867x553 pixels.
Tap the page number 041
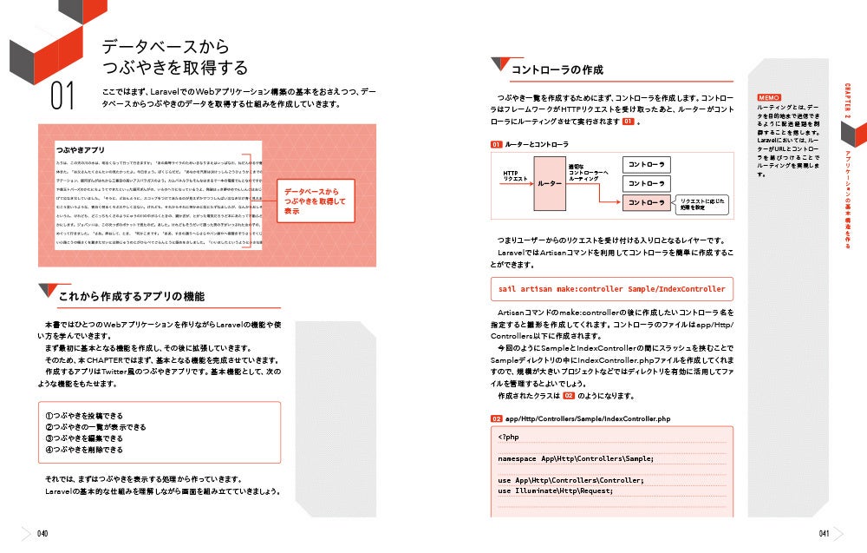point(825,534)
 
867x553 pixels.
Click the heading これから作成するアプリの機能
point(131,297)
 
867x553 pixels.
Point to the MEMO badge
point(769,97)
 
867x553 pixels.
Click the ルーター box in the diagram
point(550,183)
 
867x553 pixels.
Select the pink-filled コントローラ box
point(646,202)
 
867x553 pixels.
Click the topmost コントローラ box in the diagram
point(646,164)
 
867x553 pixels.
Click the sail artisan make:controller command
point(611,289)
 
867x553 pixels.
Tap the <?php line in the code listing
point(508,437)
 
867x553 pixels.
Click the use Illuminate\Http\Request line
point(556,490)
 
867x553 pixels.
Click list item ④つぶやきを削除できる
point(84,450)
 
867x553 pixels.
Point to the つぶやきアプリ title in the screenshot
point(80,150)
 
